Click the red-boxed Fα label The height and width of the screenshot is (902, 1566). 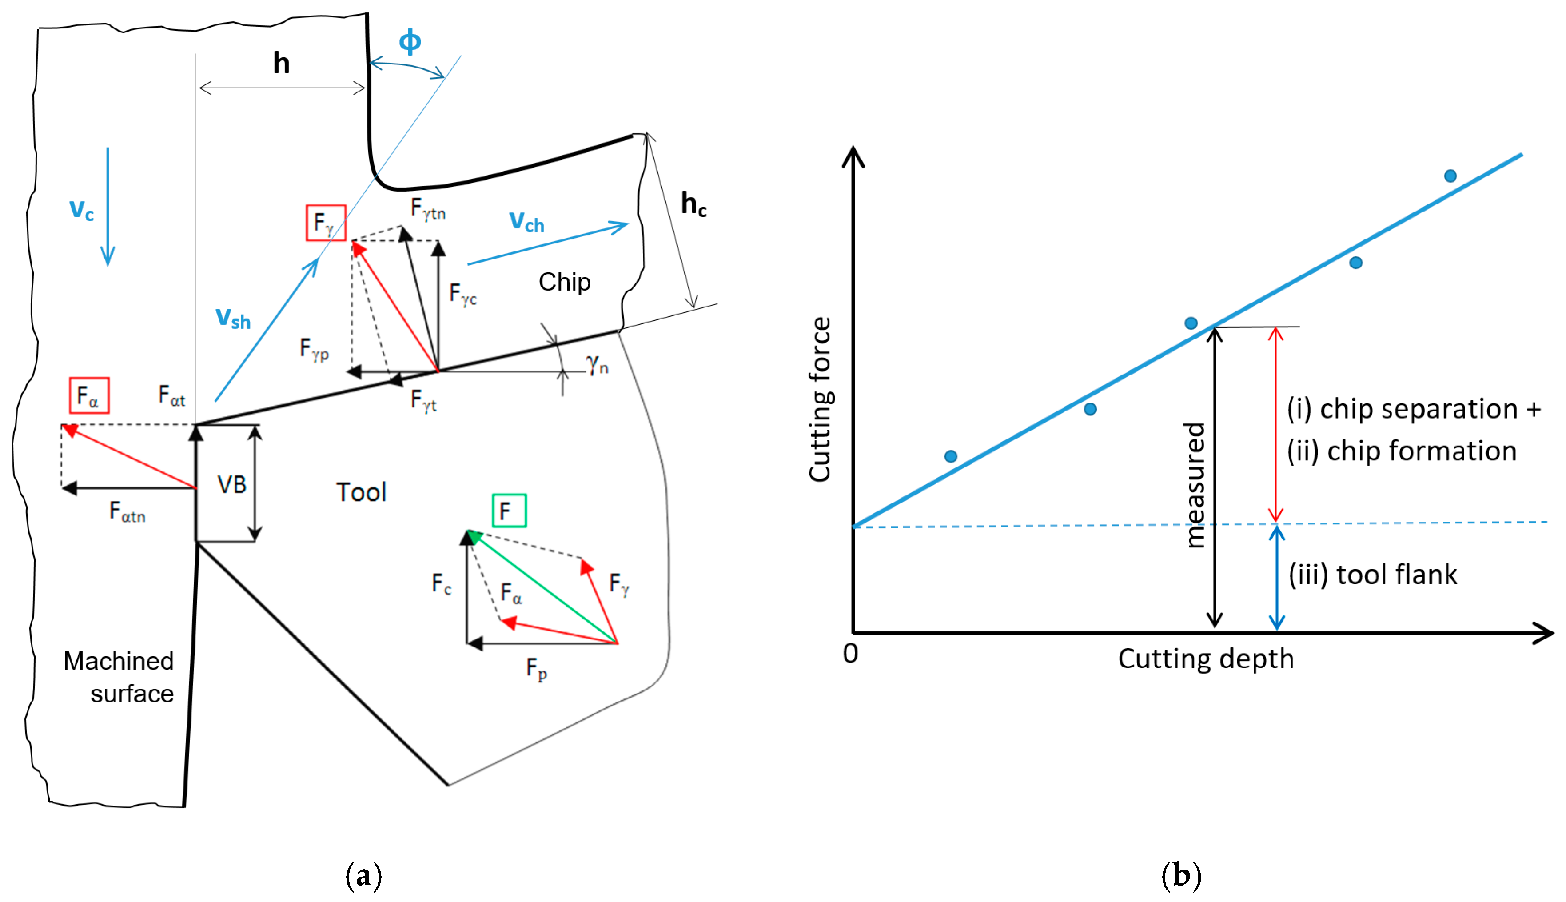click(88, 395)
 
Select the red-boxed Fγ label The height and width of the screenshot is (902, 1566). click(326, 223)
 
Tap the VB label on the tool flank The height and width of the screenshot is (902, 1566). click(231, 484)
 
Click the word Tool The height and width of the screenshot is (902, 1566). click(361, 492)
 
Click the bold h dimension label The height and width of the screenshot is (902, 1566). click(282, 63)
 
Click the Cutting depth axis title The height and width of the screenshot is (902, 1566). click(1206, 659)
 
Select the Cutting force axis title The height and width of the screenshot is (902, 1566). click(820, 399)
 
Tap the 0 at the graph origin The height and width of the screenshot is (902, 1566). click(850, 654)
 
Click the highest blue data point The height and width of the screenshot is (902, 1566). click(1450, 176)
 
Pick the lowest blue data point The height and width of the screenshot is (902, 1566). click(951, 457)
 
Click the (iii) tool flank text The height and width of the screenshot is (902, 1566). click(1373, 574)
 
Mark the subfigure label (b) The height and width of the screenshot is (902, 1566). click(1181, 875)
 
